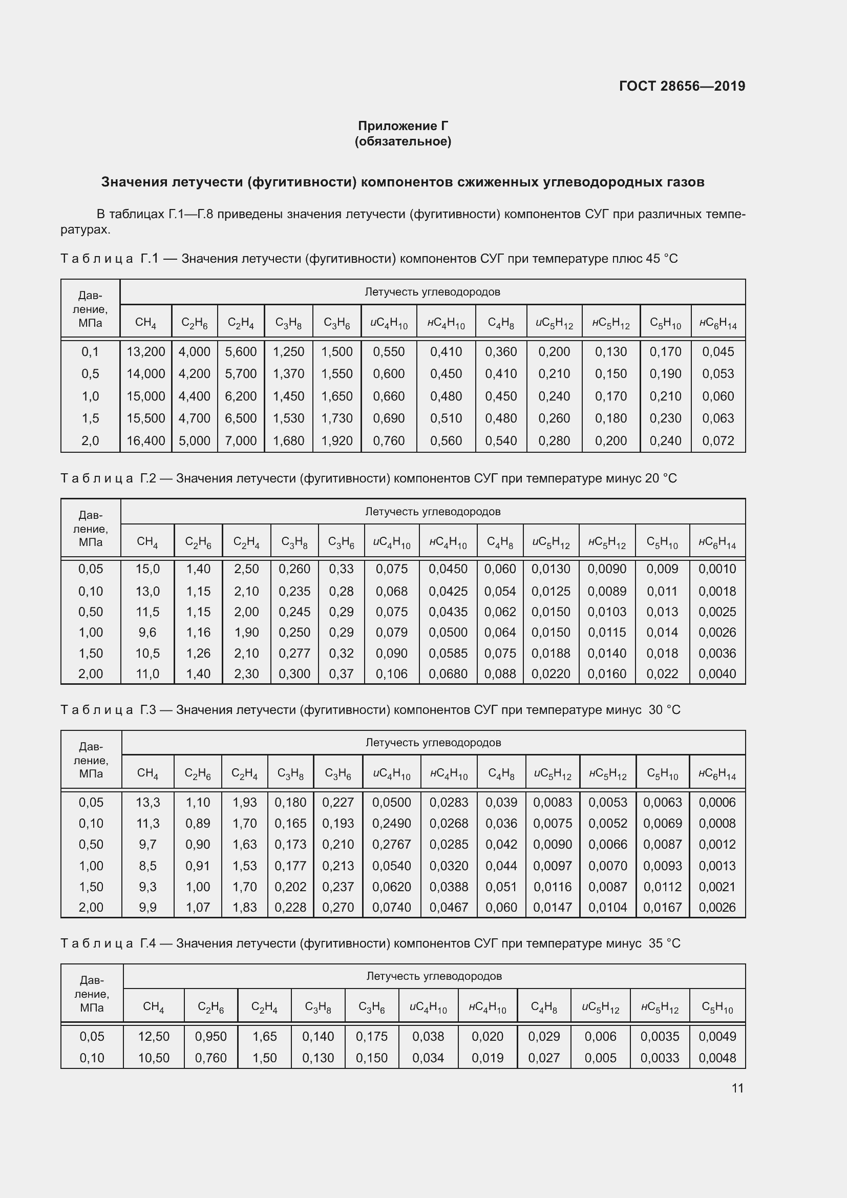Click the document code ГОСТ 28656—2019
click(x=682, y=86)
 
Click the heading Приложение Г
click(x=403, y=126)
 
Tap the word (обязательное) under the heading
click(x=403, y=141)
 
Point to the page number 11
click(x=737, y=1088)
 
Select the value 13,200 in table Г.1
click(x=145, y=352)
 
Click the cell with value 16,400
click(x=145, y=441)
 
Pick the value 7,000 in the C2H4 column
click(x=241, y=441)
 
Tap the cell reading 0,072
click(x=717, y=441)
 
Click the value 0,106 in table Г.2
click(x=391, y=674)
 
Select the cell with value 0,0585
click(x=448, y=653)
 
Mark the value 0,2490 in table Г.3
click(x=391, y=824)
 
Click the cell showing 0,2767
click(x=391, y=844)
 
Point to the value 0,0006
click(x=716, y=803)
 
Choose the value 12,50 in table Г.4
click(x=153, y=1036)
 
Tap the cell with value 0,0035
click(x=659, y=1036)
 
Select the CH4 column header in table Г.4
click(x=153, y=1006)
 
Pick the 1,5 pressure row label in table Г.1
click(x=90, y=418)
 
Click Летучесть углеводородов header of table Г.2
click(x=432, y=511)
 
